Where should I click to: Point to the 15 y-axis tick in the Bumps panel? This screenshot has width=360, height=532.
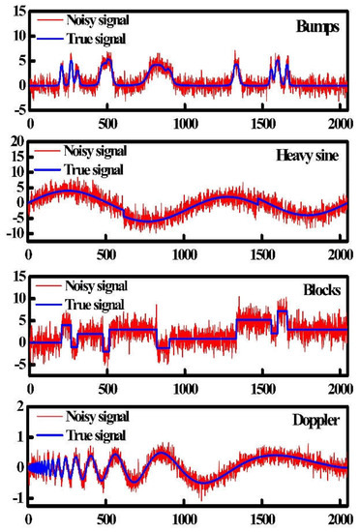pos(15,12)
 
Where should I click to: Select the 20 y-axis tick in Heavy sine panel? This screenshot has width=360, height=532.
pos(15,142)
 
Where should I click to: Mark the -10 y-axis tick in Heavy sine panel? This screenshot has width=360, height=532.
pos(13,235)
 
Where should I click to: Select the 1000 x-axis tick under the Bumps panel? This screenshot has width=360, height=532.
pos(181,125)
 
